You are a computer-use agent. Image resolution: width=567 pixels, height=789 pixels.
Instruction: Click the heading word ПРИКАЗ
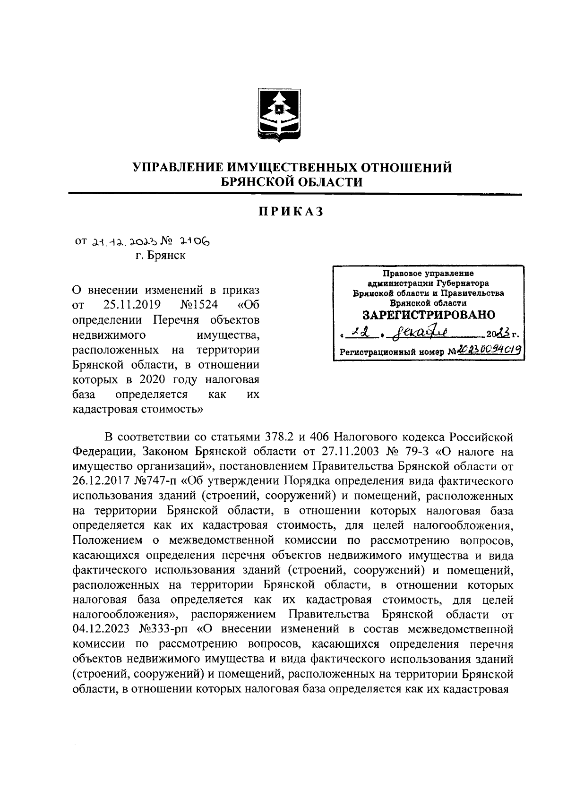[x=291, y=212]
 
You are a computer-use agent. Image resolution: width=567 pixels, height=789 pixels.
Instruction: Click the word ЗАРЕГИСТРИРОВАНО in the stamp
[x=429, y=315]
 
